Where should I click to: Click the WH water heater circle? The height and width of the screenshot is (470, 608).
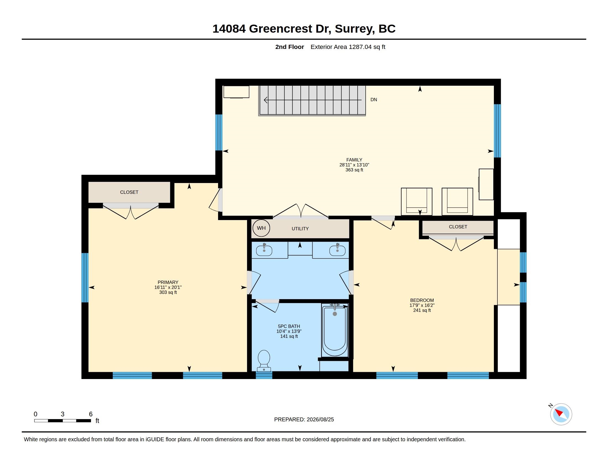[x=261, y=228]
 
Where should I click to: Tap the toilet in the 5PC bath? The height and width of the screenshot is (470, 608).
[x=264, y=361]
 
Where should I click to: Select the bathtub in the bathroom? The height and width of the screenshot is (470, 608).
[x=335, y=330]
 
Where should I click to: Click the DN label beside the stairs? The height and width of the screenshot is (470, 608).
[x=374, y=100]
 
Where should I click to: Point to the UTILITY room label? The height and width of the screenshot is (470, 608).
[x=300, y=229]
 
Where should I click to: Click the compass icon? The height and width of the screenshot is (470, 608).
[x=561, y=414]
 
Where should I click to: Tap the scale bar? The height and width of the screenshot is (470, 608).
[x=63, y=421]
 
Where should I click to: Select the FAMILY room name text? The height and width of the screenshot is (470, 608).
[x=354, y=160]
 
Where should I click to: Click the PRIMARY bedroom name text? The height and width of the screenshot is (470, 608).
[x=168, y=282]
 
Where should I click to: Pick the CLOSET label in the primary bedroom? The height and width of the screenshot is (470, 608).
[x=129, y=192]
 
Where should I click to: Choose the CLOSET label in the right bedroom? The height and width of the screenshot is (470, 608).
[x=458, y=227]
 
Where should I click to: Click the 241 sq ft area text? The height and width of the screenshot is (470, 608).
[x=422, y=310]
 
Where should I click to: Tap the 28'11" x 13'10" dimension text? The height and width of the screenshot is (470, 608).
[x=354, y=165]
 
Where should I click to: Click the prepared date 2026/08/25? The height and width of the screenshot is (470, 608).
[x=320, y=419]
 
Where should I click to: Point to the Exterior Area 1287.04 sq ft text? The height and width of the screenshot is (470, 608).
[x=348, y=47]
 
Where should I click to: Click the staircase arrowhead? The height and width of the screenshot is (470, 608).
[x=266, y=100]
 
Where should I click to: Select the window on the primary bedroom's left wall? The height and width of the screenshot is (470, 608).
[x=85, y=277]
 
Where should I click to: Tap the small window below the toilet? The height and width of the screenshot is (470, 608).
[x=264, y=375]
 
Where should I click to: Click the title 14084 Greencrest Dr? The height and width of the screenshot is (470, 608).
[x=272, y=29]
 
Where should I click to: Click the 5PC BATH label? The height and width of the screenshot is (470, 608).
[x=289, y=326]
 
